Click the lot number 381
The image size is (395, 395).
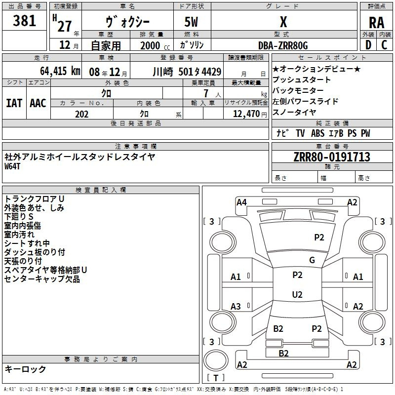(x=24, y=21)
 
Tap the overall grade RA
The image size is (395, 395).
(x=377, y=23)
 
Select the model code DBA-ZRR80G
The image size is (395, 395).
(x=283, y=45)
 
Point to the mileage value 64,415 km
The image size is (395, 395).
(x=60, y=71)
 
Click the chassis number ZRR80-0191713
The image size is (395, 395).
(x=332, y=157)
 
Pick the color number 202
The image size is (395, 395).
(x=81, y=114)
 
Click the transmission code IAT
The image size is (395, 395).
(x=14, y=103)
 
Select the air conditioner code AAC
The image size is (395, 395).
(x=38, y=103)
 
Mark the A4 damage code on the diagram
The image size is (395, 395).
(x=241, y=202)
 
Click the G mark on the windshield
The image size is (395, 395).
(x=312, y=260)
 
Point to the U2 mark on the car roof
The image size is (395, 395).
(x=297, y=294)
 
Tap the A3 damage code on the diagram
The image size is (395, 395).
(x=236, y=306)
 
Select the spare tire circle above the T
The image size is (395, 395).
(x=216, y=360)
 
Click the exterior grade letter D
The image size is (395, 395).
(x=368, y=45)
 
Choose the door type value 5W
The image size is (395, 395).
(x=191, y=22)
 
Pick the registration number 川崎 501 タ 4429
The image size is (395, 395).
(x=187, y=72)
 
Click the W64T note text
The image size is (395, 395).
(x=12, y=166)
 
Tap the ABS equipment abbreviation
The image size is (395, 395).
(x=317, y=133)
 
